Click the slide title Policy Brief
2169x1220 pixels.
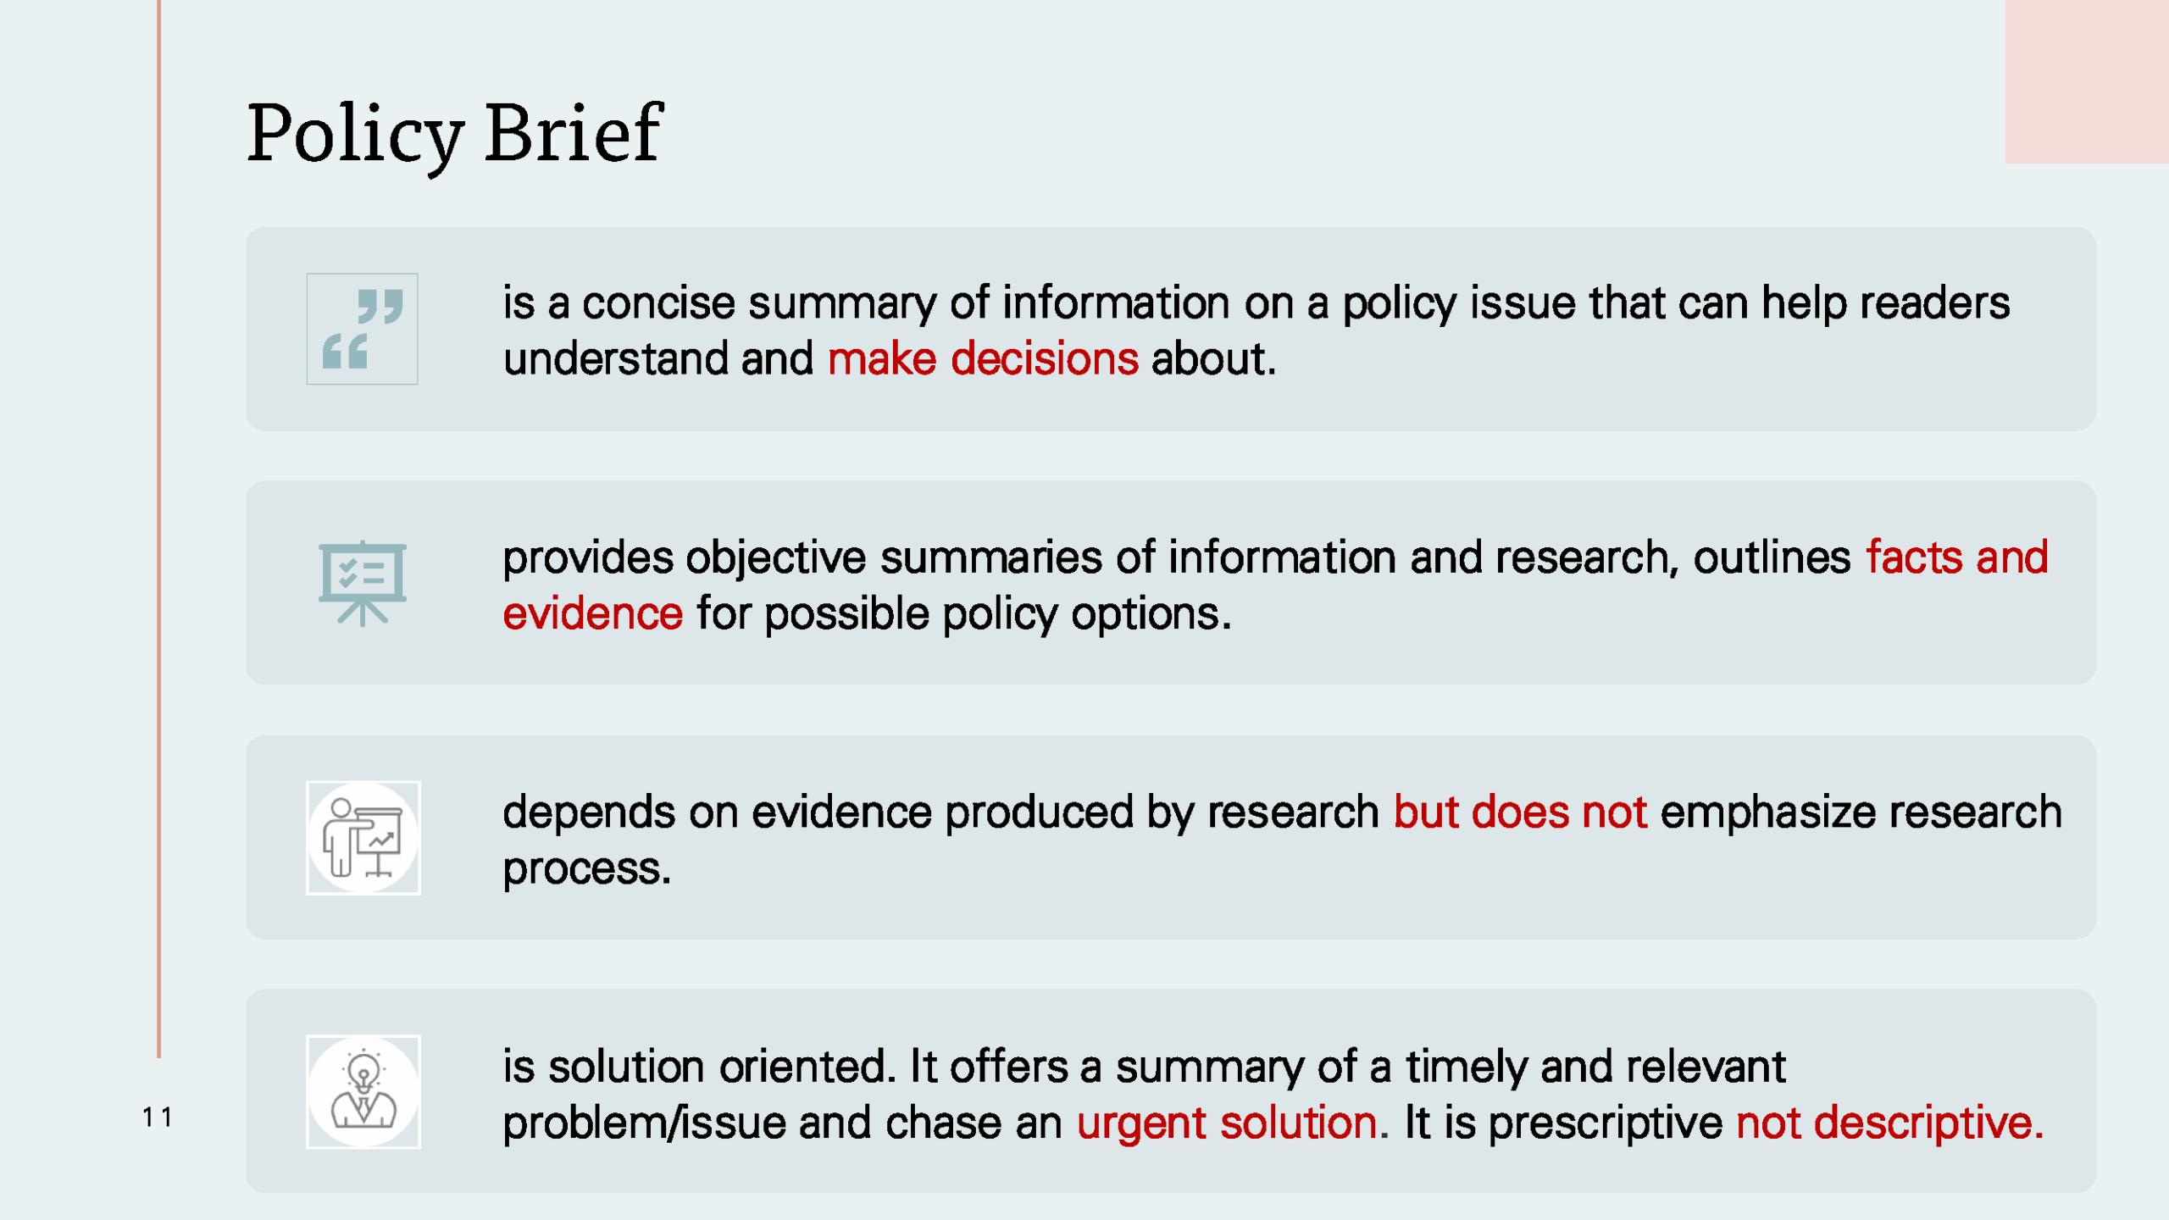tap(454, 134)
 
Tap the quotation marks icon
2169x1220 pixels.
tap(362, 329)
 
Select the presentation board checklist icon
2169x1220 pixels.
tap(363, 583)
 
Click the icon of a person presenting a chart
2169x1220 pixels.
tap(363, 838)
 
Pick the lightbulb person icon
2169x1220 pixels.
tap(363, 1092)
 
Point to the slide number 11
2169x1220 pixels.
tap(158, 1117)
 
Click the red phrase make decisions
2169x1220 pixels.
tap(983, 359)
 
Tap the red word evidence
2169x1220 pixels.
tap(592, 613)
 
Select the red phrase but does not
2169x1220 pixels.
tap(1520, 812)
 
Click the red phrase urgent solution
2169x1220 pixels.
tap(1226, 1123)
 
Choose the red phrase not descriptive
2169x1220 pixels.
tap(1889, 1123)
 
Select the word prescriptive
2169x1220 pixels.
tap(1605, 1123)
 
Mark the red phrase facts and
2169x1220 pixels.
tap(1956, 558)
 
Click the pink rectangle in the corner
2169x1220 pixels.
tap(2086, 80)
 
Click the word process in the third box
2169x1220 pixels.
tap(585, 869)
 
